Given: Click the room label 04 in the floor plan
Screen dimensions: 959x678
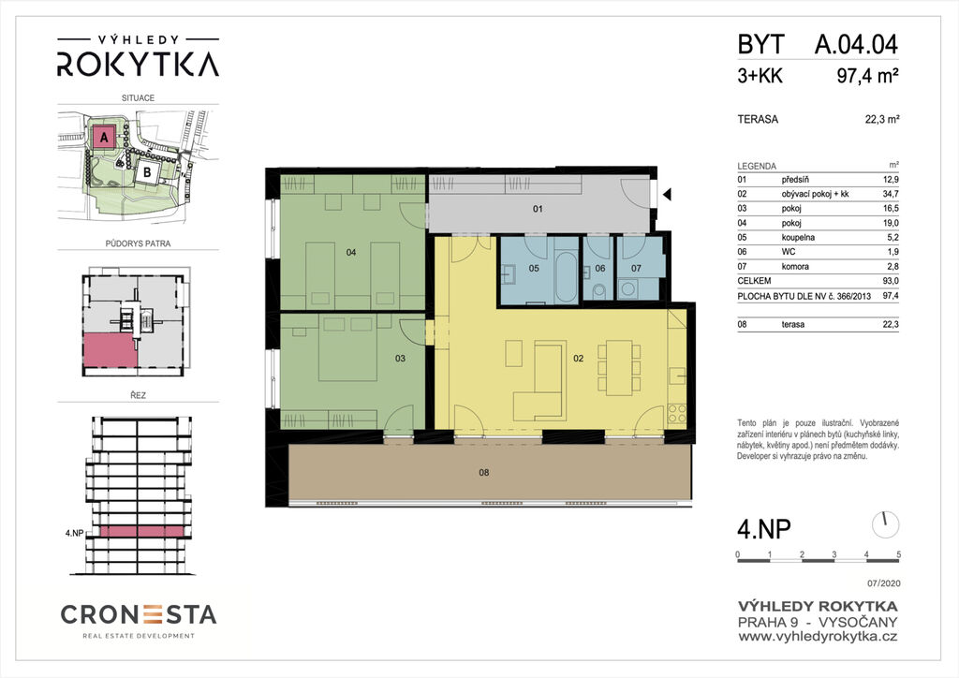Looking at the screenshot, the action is click(351, 252).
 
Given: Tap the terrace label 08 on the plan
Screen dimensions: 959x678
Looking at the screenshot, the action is click(484, 472).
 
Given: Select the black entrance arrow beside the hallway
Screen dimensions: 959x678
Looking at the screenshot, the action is click(667, 195).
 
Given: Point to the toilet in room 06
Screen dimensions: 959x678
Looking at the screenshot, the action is click(598, 289).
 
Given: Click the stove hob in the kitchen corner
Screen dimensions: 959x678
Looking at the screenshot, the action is click(677, 413).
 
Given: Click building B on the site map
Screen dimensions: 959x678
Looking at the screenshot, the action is click(147, 171).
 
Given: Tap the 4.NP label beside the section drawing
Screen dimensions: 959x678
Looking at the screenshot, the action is click(74, 533).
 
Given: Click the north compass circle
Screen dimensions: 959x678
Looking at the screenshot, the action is click(885, 525).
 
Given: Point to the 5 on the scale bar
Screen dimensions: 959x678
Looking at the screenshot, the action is click(898, 554).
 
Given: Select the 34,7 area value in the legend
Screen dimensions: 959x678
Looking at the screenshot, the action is click(892, 194).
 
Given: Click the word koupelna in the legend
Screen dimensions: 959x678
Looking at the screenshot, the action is click(798, 237).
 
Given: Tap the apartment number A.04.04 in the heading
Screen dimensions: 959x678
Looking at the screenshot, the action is click(856, 45).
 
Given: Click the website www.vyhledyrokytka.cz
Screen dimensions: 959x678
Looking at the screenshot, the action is click(818, 637).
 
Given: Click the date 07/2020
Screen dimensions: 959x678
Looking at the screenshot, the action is click(884, 583).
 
